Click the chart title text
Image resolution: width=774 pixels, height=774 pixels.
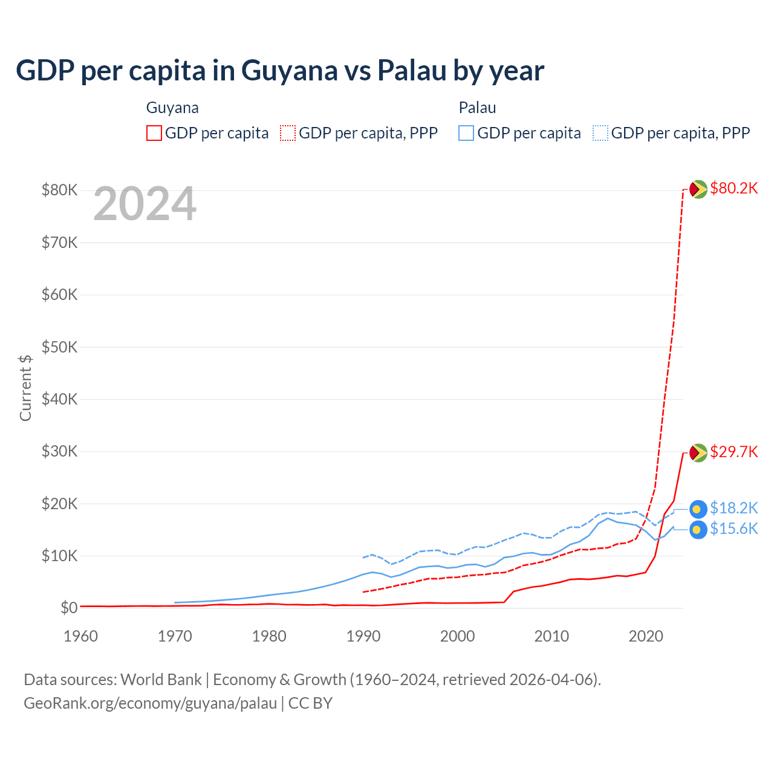(280, 71)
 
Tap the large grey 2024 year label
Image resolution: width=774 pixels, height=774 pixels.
(145, 204)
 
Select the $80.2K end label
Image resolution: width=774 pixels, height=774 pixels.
(733, 188)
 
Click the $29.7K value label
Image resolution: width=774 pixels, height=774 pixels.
(733, 452)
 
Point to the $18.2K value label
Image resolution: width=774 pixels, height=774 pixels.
(733, 508)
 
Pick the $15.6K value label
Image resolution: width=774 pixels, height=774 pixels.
(733, 529)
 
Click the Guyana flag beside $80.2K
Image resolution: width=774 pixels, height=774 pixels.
(698, 189)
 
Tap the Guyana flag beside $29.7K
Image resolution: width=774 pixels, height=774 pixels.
(698, 452)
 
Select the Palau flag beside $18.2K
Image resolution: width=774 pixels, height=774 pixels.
(698, 509)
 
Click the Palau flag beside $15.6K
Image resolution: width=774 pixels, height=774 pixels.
(698, 530)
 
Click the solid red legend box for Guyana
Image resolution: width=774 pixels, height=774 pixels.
(154, 133)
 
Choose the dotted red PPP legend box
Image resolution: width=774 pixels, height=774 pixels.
(288, 133)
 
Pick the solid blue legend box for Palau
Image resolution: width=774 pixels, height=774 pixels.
(466, 133)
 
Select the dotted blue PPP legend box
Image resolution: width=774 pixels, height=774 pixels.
(600, 133)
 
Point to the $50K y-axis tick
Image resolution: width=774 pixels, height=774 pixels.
(59, 347)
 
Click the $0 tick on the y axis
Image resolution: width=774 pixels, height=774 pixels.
(69, 608)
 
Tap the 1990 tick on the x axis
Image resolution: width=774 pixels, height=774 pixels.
(363, 636)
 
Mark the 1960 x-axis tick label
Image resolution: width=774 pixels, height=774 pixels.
(80, 636)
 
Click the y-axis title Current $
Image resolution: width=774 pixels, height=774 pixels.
(25, 388)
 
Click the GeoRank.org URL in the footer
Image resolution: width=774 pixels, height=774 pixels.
(150, 703)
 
